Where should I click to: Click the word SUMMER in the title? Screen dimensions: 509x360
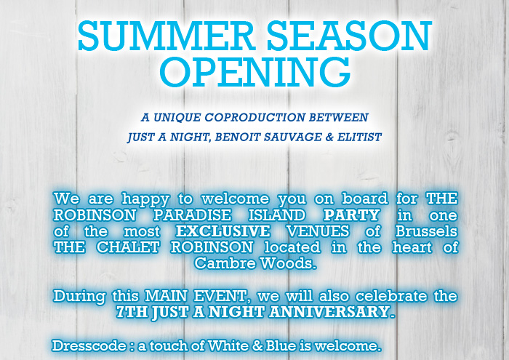pyautogui.click(x=167, y=36)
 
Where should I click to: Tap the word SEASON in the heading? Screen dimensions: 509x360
pyautogui.click(x=349, y=36)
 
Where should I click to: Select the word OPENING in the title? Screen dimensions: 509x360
pyautogui.click(x=254, y=72)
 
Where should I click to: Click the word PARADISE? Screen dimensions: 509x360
pyautogui.click(x=192, y=215)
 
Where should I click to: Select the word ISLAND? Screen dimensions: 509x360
pyautogui.click(x=277, y=215)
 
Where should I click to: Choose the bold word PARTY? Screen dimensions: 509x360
pyautogui.click(x=351, y=215)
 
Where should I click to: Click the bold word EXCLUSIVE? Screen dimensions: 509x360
pyautogui.click(x=223, y=231)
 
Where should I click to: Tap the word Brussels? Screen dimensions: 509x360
pyautogui.click(x=427, y=231)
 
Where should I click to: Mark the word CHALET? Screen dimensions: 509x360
pyautogui.click(x=128, y=247)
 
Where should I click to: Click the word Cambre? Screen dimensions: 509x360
pyautogui.click(x=226, y=263)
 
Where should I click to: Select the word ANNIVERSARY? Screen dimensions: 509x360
pyautogui.click(x=332, y=311)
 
